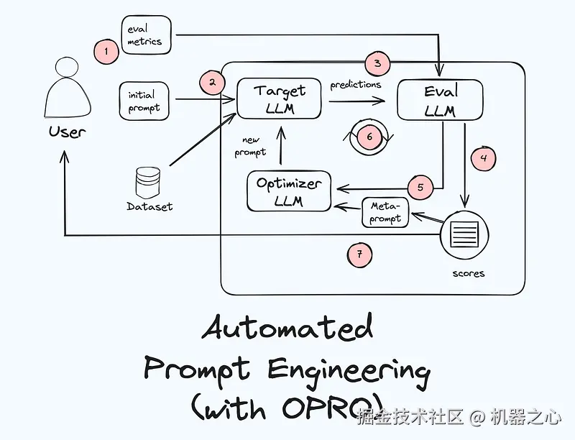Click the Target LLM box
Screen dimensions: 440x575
pyautogui.click(x=280, y=98)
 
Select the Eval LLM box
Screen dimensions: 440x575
pyautogui.click(x=440, y=100)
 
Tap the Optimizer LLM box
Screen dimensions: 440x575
pyautogui.click(x=289, y=191)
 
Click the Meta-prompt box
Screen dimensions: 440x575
pyautogui.click(x=385, y=212)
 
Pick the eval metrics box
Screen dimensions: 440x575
pyautogui.click(x=145, y=35)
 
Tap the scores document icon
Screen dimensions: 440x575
pyautogui.click(x=464, y=235)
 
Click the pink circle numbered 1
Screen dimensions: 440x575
pyautogui.click(x=106, y=51)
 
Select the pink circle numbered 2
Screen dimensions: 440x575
pyautogui.click(x=212, y=82)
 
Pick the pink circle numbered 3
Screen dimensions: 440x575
pyautogui.click(x=377, y=63)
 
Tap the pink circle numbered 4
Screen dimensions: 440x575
pyautogui.click(x=484, y=157)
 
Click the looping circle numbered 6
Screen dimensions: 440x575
pyautogui.click(x=369, y=136)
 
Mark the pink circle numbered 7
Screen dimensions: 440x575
pyautogui.click(x=359, y=253)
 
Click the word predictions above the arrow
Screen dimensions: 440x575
pyautogui.click(x=356, y=85)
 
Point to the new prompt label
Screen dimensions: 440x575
pyautogui.click(x=250, y=146)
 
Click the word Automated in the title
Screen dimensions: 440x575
pyautogui.click(x=287, y=328)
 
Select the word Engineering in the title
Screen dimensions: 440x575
pyautogui.click(x=349, y=370)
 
